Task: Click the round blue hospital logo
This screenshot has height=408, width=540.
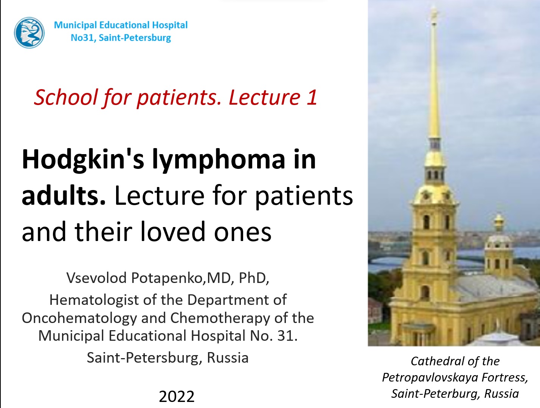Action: click(29, 32)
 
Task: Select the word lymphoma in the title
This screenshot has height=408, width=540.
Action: click(219, 159)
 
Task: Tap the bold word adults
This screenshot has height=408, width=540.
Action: click(64, 196)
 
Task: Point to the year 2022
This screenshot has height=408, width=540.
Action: click(177, 397)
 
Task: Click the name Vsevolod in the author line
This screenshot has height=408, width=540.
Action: click(96, 278)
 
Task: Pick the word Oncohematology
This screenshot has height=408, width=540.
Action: click(79, 318)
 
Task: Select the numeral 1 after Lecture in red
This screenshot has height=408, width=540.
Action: click(312, 97)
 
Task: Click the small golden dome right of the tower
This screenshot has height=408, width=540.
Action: click(499, 221)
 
